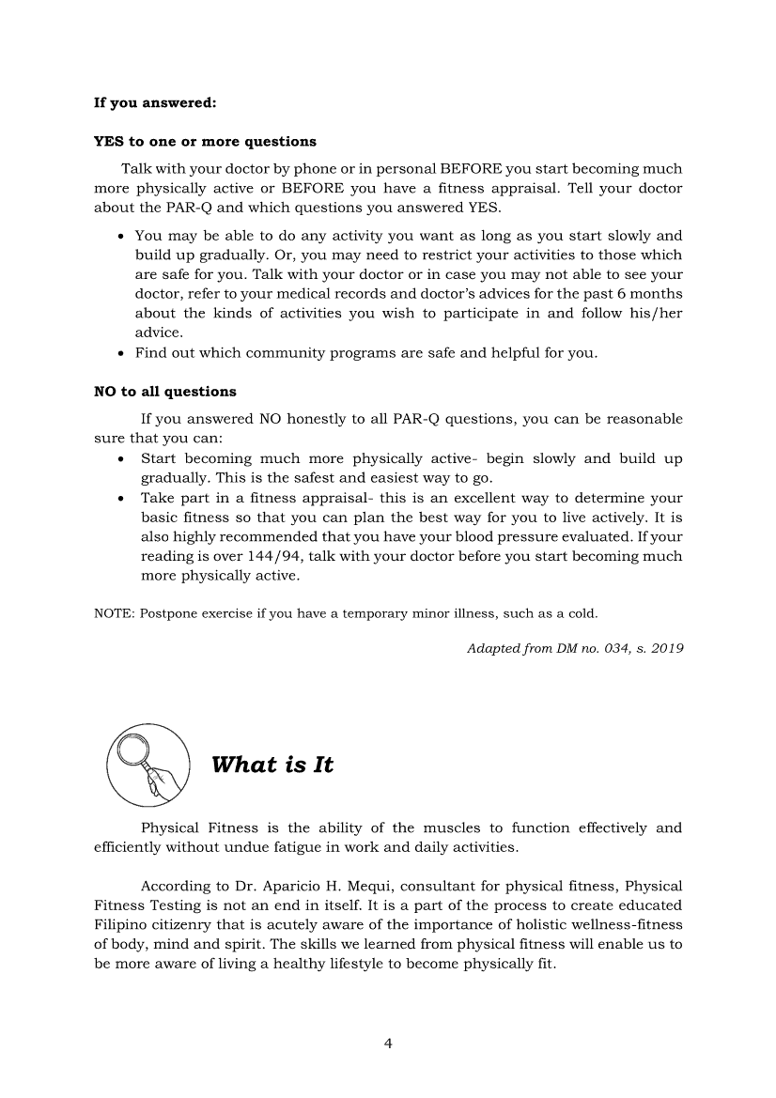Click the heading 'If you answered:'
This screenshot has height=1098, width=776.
pos(156,102)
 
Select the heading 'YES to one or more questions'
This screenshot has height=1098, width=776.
pos(205,142)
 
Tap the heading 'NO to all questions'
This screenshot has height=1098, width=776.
pos(165,392)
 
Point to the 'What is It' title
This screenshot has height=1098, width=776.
pos(272,765)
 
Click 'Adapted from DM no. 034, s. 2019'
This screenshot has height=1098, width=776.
pos(574,649)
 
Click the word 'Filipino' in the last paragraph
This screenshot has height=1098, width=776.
pos(120,924)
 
